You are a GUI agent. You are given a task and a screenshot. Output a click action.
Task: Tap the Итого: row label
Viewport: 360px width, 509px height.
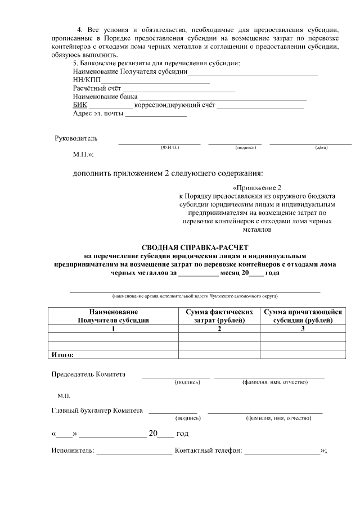[x=62, y=355]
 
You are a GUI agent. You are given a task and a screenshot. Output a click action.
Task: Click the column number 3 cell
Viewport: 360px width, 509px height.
[x=303, y=328]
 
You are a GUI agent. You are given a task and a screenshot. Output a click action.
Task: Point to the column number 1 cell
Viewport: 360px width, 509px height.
[x=113, y=328]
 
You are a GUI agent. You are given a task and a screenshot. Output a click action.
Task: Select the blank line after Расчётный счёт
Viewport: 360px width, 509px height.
[x=178, y=89]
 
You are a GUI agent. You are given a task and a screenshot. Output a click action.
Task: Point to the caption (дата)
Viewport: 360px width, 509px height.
[x=321, y=147]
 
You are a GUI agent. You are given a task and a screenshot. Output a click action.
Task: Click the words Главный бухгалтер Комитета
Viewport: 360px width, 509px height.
[x=97, y=411]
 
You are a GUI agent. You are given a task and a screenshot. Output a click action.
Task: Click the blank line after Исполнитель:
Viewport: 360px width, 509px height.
[x=134, y=451]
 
